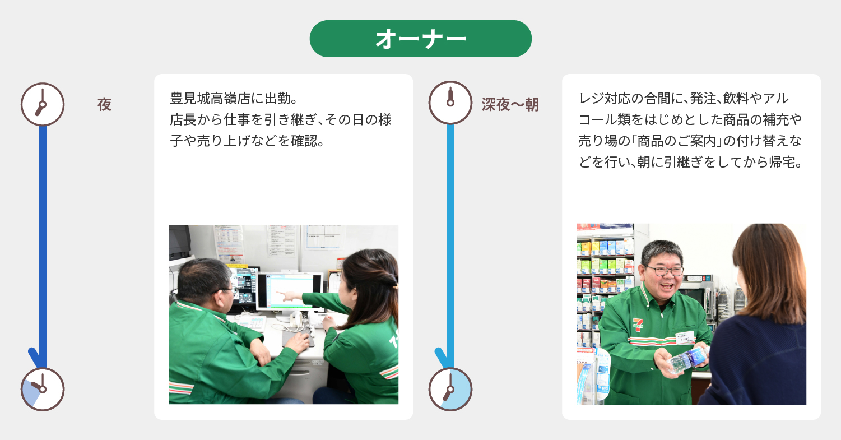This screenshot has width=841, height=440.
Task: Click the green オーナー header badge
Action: pos(420,39)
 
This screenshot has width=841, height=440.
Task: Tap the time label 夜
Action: pos(104,104)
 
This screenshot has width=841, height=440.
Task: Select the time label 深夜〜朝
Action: pos(510,104)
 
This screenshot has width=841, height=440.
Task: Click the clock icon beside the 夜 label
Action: pos(43,104)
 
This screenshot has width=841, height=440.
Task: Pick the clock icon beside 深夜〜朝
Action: pos(450,103)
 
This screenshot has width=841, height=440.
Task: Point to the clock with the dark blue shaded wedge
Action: pos(43,390)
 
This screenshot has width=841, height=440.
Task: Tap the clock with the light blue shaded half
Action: pos(450,390)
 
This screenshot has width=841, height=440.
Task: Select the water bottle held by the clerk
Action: pos(687,360)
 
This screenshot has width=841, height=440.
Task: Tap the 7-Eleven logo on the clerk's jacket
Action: pos(638,325)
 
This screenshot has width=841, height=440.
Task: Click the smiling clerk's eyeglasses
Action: pos(665,271)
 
